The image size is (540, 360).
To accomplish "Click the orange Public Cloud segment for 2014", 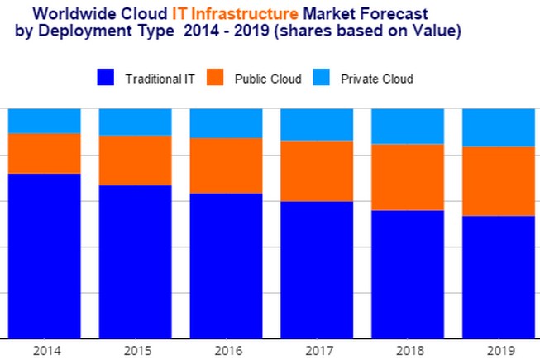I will pos(44,153).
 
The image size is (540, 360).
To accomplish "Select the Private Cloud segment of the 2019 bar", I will pos(498,127).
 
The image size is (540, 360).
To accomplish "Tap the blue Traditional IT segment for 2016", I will pos(226,266).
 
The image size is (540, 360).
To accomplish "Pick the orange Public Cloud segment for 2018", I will pos(407,177).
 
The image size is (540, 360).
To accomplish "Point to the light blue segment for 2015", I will pos(135,122).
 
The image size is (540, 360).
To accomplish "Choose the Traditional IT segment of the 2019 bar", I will pos(498,276).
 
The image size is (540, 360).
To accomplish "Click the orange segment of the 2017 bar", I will pos(317,170).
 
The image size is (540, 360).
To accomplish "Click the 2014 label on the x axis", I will pos(46,350).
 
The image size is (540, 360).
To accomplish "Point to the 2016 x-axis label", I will pos(227,350).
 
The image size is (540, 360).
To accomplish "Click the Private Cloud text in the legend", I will pos(376,79).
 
